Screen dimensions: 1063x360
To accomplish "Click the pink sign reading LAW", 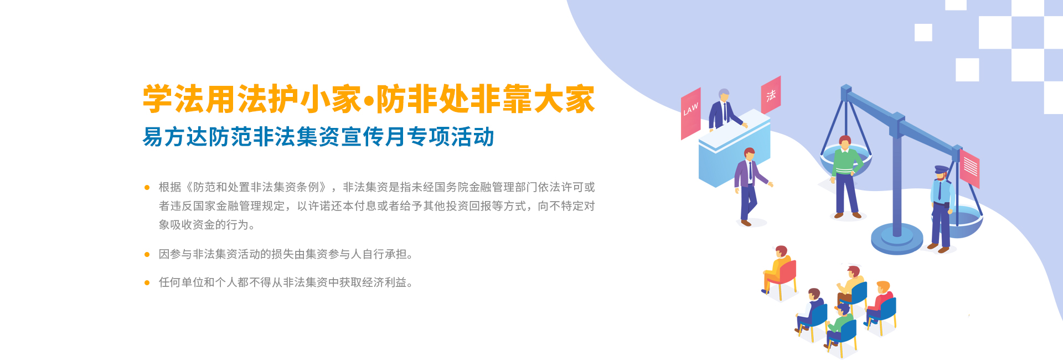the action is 690,113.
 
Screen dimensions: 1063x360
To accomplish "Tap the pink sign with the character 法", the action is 771,96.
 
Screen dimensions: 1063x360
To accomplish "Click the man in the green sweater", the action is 845,177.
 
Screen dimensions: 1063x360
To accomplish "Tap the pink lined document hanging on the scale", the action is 969,168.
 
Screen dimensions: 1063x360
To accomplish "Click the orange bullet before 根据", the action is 147,188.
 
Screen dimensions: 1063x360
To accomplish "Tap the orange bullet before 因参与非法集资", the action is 147,255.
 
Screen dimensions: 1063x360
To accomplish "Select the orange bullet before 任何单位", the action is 147,283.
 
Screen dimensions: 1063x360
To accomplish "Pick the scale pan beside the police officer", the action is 965,222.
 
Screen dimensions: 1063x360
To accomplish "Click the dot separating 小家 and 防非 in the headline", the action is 368,100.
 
